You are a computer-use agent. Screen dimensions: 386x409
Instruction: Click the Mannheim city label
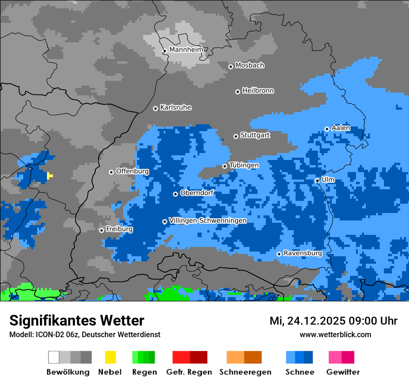[187, 50]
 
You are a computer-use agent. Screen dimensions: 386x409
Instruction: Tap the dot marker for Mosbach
[231, 67]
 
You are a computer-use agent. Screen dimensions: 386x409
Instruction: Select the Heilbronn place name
[258, 91]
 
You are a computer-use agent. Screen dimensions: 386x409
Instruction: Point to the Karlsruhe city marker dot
[155, 108]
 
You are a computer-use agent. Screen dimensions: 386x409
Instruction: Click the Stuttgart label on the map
[255, 135]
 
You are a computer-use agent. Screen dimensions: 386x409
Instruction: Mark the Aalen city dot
[327, 129]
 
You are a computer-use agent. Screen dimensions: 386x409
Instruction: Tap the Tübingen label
[244, 166]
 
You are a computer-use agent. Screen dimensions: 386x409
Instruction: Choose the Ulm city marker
[317, 180]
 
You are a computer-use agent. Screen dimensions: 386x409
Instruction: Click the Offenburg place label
[132, 171]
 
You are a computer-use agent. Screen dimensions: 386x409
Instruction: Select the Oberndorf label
[197, 193]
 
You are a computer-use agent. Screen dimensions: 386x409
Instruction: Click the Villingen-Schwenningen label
[208, 221]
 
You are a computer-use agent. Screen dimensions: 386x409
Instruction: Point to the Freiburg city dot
[101, 230]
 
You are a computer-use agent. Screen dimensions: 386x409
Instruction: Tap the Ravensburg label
[303, 253]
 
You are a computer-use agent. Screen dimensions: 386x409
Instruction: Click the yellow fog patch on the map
[50, 176]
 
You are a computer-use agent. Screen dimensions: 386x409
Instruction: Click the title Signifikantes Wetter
[77, 320]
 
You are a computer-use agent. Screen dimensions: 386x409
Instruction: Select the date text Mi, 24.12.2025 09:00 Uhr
[333, 321]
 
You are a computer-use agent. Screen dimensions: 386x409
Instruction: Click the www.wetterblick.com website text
[335, 334]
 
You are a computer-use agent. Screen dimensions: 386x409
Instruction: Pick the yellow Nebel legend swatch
[110, 357]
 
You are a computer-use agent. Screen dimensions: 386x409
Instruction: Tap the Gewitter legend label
[343, 372]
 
